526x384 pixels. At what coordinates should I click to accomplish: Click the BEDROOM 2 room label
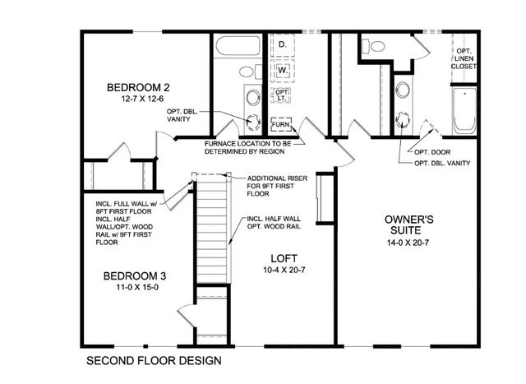tap(138, 88)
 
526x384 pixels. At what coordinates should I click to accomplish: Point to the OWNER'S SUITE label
tap(409, 225)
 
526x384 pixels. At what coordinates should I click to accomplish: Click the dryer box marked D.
tap(283, 44)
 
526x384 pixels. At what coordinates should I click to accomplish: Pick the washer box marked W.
tap(283, 71)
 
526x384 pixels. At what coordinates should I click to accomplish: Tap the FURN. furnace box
tap(281, 124)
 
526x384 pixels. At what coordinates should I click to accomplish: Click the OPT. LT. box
tap(281, 95)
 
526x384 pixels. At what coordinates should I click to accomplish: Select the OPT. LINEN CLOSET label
tap(464, 58)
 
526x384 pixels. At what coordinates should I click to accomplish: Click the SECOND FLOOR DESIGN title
tap(154, 361)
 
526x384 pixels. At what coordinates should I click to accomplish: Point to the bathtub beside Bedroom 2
tap(238, 45)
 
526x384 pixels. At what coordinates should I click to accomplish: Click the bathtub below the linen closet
tap(464, 111)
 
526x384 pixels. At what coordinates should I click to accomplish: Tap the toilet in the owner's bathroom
tap(373, 46)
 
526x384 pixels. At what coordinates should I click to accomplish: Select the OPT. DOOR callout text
tap(432, 152)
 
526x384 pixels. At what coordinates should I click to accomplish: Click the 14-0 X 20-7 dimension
tap(408, 243)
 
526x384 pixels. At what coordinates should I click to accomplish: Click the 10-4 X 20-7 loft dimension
tap(284, 270)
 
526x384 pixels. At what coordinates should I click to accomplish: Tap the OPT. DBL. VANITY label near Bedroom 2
tap(182, 115)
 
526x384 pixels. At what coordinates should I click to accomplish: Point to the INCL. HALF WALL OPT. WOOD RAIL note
tap(274, 223)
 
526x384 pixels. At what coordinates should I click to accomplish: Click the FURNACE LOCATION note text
tap(248, 147)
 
